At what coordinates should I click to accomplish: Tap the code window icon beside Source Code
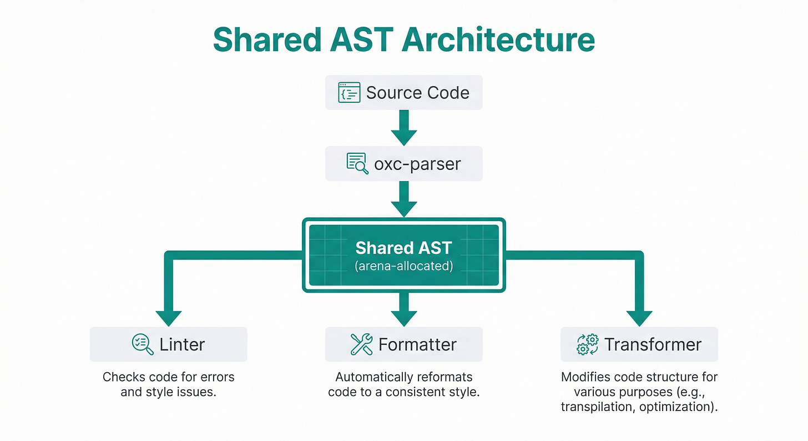coord(349,92)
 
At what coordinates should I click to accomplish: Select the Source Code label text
coord(417,93)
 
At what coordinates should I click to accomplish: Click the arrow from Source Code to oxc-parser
coord(403,127)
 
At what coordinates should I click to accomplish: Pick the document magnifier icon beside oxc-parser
coord(357,163)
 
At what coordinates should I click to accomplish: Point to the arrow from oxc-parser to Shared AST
coord(403,198)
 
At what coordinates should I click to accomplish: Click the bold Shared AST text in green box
coord(403,247)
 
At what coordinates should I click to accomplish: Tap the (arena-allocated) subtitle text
coord(403,266)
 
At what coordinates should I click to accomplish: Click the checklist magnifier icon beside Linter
coord(143,344)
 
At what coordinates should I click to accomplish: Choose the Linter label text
coord(182,345)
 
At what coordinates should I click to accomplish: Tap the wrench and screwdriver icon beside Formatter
coord(362,344)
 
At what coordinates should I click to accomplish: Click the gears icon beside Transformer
coord(588,344)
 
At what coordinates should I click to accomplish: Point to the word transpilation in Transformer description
coord(595,407)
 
